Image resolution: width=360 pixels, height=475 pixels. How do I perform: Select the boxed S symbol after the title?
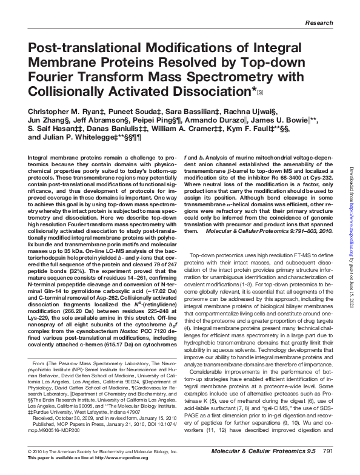pyautogui.click(x=260, y=92)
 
